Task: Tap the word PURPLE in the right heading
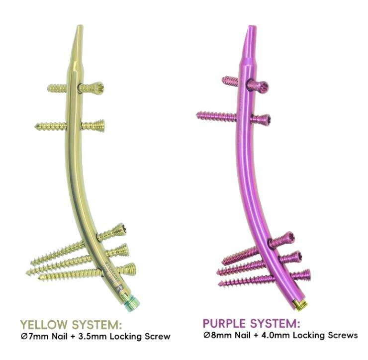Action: click(x=226, y=324)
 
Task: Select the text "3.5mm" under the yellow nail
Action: click(x=90, y=337)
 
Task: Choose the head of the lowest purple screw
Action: click(x=304, y=274)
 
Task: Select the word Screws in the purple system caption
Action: click(x=345, y=336)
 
